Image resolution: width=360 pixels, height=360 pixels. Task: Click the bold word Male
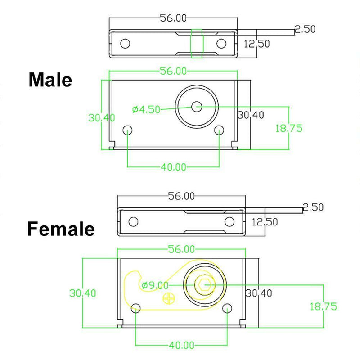(x=50, y=80)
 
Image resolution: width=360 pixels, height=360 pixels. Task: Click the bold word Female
(x=61, y=229)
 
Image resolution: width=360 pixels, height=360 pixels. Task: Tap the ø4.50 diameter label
(x=146, y=109)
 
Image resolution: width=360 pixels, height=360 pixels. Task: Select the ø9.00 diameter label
(x=154, y=285)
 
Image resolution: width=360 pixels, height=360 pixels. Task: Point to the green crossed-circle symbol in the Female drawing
(x=169, y=297)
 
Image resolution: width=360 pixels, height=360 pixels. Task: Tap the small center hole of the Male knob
(x=197, y=107)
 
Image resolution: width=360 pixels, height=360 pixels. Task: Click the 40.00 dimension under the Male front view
(x=173, y=167)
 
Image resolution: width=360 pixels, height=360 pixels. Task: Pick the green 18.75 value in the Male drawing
(x=288, y=128)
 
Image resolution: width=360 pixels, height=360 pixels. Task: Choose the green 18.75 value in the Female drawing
(x=323, y=306)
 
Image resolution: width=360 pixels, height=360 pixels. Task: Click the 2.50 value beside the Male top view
(x=305, y=29)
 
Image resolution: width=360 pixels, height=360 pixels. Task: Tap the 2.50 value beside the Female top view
(x=313, y=207)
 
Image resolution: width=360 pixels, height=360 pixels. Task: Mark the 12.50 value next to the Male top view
(x=256, y=44)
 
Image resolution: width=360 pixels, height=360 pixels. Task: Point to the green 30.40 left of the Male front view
(x=101, y=118)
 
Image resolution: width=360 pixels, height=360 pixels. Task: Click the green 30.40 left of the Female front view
(x=82, y=293)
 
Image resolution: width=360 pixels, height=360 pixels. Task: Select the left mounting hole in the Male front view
(x=128, y=130)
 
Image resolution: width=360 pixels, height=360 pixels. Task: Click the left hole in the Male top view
(x=125, y=44)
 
